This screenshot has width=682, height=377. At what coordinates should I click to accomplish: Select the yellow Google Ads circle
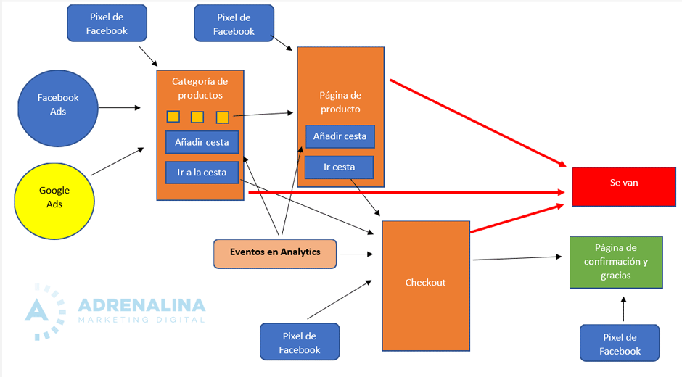54,196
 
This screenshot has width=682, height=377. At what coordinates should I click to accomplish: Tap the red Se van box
623,183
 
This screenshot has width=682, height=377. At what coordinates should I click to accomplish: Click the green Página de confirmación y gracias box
615,262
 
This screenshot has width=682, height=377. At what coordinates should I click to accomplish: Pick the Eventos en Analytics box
275,253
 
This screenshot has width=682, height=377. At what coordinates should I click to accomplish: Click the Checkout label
425,282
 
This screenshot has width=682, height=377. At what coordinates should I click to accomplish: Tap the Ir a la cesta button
201,173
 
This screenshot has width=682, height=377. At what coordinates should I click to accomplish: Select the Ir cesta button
339,167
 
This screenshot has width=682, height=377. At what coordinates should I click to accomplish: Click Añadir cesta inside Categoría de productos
201,142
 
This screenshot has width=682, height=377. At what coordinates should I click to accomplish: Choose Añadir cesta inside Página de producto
340,136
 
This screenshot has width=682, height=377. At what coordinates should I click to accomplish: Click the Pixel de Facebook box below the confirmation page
620,344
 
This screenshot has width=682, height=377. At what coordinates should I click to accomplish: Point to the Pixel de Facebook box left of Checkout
299,342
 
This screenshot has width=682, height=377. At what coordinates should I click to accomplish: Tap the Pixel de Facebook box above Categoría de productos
107,23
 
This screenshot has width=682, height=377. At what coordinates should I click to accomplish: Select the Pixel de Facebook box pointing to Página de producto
234,23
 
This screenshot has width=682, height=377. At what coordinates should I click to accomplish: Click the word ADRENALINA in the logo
141,304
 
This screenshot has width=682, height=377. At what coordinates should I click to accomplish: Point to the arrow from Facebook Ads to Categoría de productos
119,108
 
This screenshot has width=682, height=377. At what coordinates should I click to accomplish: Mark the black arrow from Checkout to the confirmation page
517,257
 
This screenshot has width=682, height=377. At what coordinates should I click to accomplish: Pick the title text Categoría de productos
200,88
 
